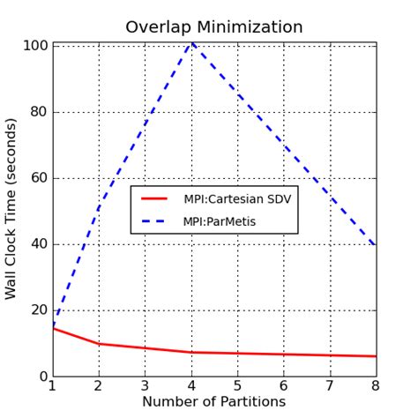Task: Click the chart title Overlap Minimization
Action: [x=213, y=27]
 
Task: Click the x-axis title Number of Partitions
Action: [x=213, y=402]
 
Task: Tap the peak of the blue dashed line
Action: [x=191, y=43]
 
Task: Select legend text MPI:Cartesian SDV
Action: [x=237, y=199]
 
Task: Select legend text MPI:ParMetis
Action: [x=220, y=221]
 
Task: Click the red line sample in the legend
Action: [x=153, y=199]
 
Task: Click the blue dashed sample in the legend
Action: [x=153, y=221]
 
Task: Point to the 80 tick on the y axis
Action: [x=37, y=112]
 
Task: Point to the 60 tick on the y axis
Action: [x=37, y=178]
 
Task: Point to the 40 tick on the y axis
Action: [x=37, y=244]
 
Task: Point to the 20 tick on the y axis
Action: [x=37, y=310]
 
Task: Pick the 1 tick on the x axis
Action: [x=53, y=385]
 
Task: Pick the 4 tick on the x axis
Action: [x=191, y=385]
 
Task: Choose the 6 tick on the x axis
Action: [x=284, y=385]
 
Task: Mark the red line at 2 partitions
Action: [x=99, y=344]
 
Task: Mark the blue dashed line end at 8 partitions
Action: [x=376, y=245]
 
